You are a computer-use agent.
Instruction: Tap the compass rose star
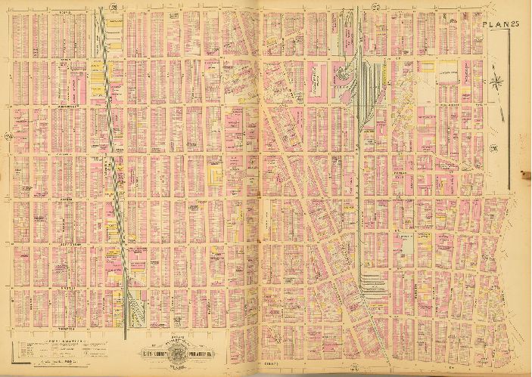[x=497, y=80]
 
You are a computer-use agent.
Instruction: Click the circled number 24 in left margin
[x=8, y=137]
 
